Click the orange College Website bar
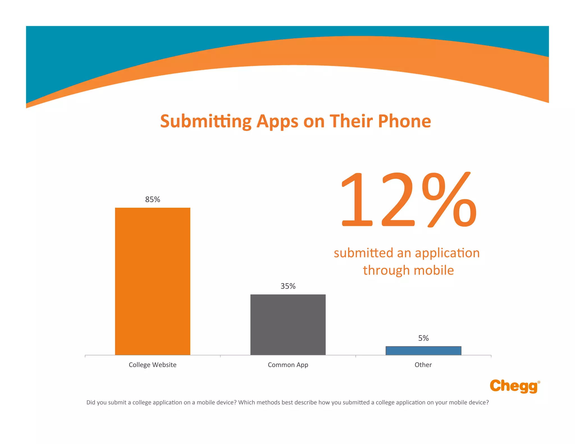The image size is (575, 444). (152, 281)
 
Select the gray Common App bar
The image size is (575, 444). (288, 324)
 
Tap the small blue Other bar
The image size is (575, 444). (423, 351)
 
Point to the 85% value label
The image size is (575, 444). (152, 199)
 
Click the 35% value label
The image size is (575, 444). (288, 286)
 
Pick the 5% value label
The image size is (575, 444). (423, 338)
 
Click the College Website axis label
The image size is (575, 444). (152, 365)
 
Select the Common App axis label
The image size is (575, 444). (288, 365)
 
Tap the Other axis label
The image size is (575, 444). (423, 365)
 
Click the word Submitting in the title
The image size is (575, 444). (206, 121)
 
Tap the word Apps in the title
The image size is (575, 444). (277, 121)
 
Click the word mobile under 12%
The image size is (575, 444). (433, 270)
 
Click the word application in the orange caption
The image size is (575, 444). (447, 253)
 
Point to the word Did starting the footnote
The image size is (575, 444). (91, 402)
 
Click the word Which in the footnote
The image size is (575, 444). (247, 402)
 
